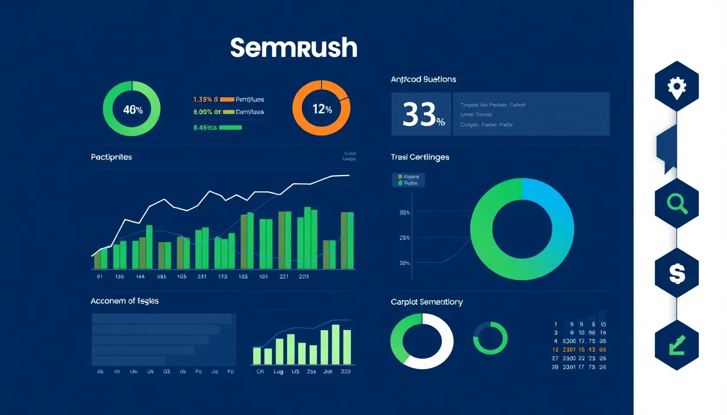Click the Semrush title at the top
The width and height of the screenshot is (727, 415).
(x=294, y=48)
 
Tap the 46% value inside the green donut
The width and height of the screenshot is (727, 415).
(x=133, y=110)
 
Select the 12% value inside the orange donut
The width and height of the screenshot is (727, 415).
(x=322, y=109)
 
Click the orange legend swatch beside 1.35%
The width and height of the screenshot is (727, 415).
(x=227, y=99)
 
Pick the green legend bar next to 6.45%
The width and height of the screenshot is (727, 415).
(x=230, y=128)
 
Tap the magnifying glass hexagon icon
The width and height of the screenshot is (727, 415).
(x=677, y=203)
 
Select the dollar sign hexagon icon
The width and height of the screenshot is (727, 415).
(x=677, y=273)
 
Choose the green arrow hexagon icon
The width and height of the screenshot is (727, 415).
(x=677, y=345)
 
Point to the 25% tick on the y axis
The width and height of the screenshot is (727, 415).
(x=404, y=238)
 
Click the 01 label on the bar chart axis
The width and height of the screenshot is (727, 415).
(x=100, y=277)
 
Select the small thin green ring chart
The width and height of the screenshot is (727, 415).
(x=490, y=338)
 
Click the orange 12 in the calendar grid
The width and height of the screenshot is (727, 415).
(x=556, y=350)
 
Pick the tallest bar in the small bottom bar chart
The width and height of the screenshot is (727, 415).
(x=335, y=344)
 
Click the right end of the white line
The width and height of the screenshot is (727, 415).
(x=348, y=175)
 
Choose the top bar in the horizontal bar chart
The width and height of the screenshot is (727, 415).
(x=161, y=319)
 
